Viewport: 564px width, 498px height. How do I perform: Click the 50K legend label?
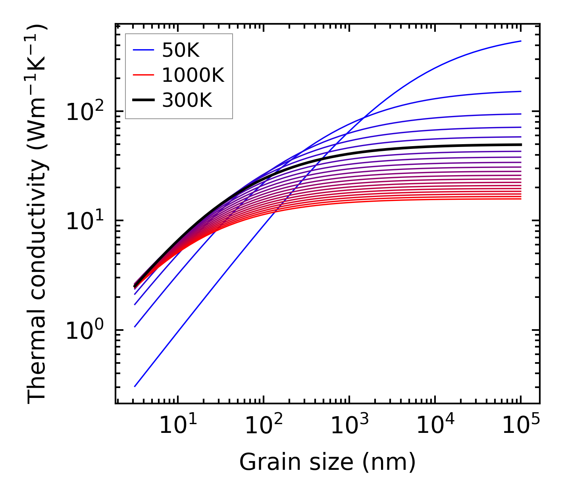(181, 50)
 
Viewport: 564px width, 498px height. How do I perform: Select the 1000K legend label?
(193, 75)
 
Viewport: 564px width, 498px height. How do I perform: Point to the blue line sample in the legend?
(143, 50)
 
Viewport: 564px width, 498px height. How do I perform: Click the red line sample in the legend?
(143, 75)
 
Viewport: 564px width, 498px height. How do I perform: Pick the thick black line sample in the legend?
(143, 100)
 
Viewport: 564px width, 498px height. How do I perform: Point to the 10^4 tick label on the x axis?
(435, 425)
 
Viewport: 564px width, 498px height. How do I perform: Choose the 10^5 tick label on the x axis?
(520, 425)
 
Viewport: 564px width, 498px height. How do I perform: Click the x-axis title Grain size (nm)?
(327, 462)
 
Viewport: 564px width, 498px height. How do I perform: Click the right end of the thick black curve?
(521, 145)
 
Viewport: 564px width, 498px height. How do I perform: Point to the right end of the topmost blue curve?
(521, 41)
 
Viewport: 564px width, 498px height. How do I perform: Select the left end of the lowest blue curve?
(135, 386)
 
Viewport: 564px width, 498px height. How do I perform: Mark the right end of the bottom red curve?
(521, 199)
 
